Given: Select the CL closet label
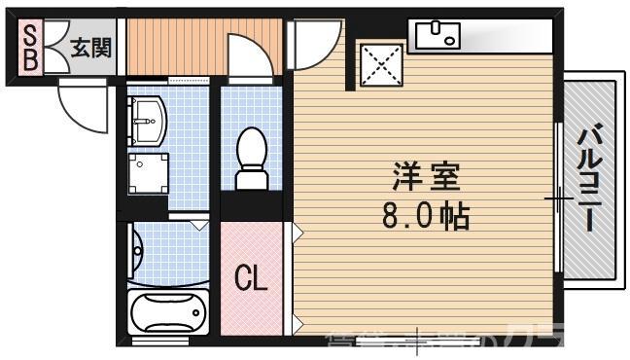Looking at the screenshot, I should click(x=251, y=279).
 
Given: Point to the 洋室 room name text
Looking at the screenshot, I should click(x=426, y=178).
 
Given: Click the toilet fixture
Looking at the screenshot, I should click(x=252, y=158).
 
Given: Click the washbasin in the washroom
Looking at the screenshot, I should click(x=149, y=123).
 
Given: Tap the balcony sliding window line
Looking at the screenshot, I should click(x=558, y=198).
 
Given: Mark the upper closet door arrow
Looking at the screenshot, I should click(x=298, y=234).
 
